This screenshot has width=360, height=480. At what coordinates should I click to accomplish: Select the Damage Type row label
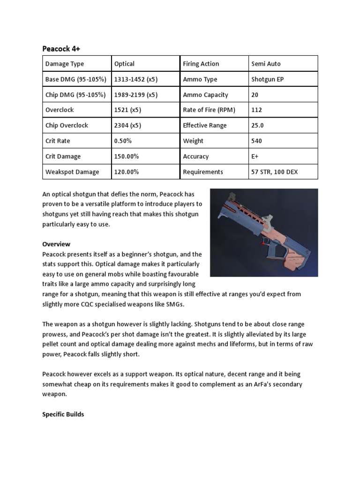coord(64,64)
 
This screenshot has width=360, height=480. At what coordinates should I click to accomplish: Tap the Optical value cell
coord(124,64)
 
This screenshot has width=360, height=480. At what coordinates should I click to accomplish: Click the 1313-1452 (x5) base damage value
coord(136,79)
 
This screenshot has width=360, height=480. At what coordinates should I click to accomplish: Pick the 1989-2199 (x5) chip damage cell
coord(136,95)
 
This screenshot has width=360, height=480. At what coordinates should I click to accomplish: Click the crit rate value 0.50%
coord(123,141)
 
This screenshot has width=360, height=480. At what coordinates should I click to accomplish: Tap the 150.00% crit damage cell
coord(127,157)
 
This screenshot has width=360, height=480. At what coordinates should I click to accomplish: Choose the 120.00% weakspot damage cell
coord(127,172)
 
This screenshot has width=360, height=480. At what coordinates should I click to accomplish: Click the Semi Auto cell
coord(266,64)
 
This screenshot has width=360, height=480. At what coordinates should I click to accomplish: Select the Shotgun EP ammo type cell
coord(267,79)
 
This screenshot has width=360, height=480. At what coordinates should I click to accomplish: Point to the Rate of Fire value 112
coord(256,110)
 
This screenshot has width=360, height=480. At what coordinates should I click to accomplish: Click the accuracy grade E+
coord(255,157)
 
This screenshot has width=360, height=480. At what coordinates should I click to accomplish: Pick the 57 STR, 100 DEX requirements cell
coord(274,172)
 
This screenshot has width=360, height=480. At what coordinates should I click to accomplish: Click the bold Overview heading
coord(56,244)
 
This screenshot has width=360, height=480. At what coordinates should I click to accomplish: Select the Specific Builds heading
coord(63,414)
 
